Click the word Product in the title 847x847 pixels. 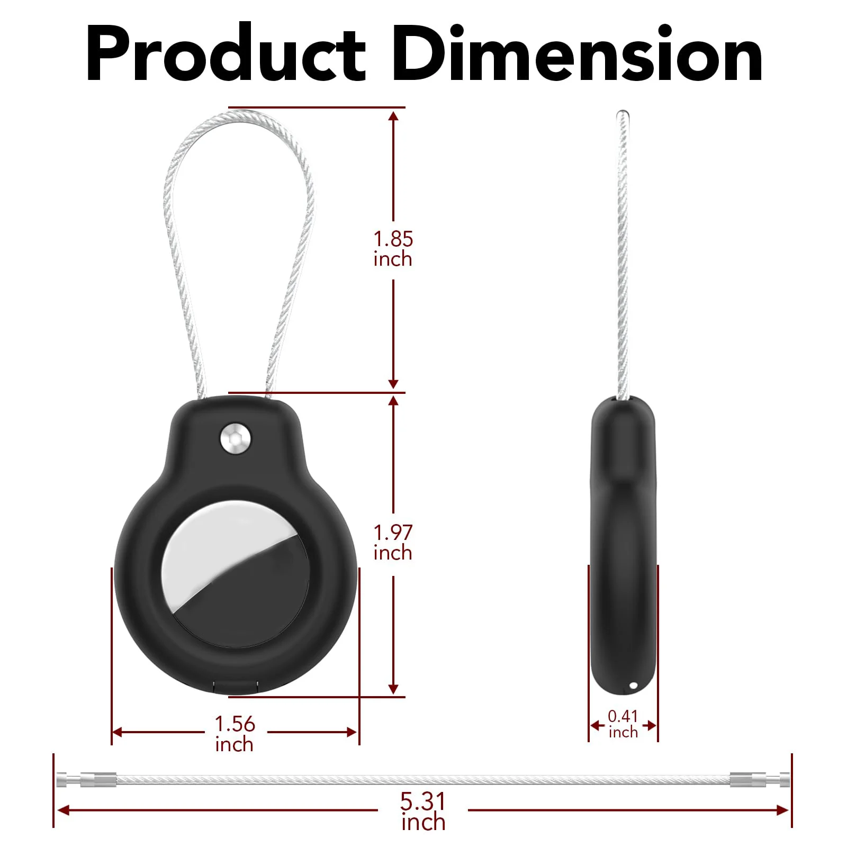pyautogui.click(x=226, y=53)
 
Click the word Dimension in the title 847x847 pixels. pyautogui.click(x=577, y=53)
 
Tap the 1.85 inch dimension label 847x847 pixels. pyautogui.click(x=393, y=249)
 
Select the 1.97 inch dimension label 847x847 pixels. pyautogui.click(x=393, y=542)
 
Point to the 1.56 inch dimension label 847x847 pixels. pyautogui.click(x=235, y=734)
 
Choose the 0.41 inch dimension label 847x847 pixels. pyautogui.click(x=623, y=724)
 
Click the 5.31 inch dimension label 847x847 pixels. pyautogui.click(x=423, y=812)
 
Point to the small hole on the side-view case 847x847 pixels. pyautogui.click(x=634, y=686)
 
